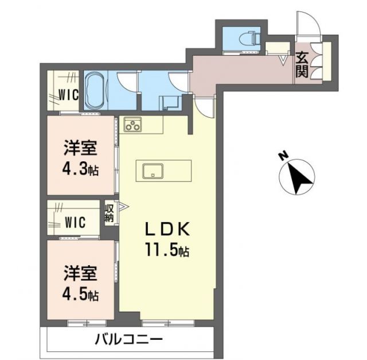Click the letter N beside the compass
tap(282, 155)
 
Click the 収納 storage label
tap(109, 213)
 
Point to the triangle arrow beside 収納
tap(122, 206)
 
